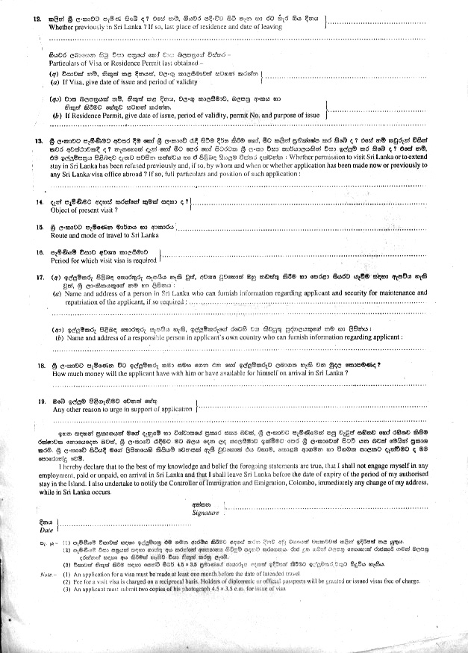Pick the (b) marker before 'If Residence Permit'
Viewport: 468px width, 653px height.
pyautogui.click(x=55, y=116)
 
